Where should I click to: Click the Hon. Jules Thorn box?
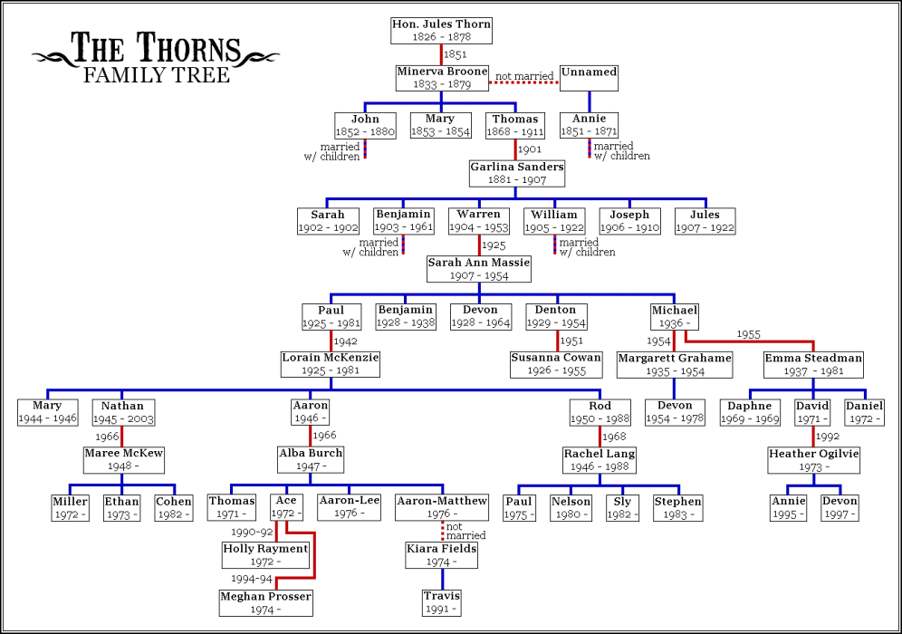click(441, 31)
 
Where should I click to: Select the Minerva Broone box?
click(442, 78)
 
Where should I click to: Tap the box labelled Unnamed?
click(589, 78)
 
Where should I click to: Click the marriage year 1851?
click(456, 54)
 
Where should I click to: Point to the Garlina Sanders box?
click(516, 173)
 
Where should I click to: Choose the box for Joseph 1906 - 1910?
click(629, 221)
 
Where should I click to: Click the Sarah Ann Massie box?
click(478, 269)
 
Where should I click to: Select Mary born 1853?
click(439, 126)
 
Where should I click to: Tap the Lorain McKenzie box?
click(330, 364)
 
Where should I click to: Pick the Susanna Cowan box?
click(555, 364)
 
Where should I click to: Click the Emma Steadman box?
click(813, 364)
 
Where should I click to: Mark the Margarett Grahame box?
click(674, 364)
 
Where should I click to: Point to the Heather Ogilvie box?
click(813, 459)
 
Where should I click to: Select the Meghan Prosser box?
click(266, 602)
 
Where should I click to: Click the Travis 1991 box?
click(442, 602)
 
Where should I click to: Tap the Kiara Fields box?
click(442, 555)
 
